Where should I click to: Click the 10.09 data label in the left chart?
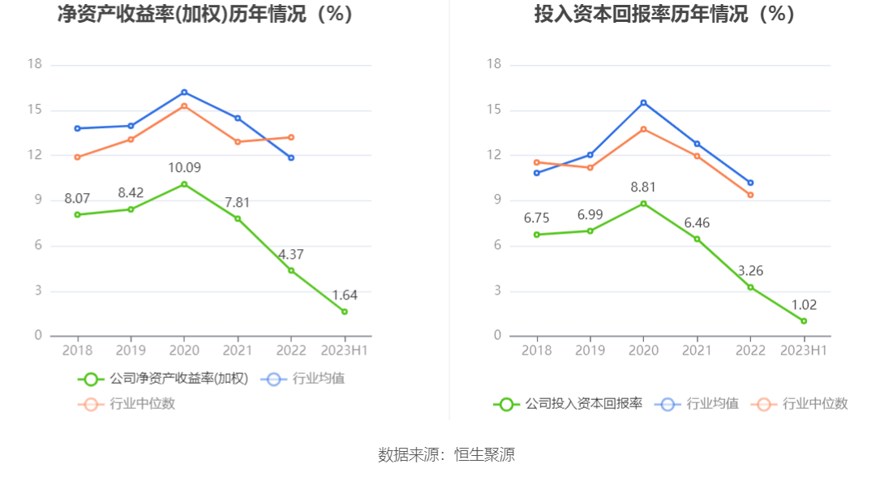coord(184,168)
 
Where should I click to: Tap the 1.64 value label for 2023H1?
coord(345,295)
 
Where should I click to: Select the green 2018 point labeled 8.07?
coord(78,214)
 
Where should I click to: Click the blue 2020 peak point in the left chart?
coord(184,92)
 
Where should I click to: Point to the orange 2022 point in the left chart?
coord(291,137)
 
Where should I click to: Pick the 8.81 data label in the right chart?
coord(643,187)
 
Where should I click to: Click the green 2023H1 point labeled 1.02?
coord(804,321)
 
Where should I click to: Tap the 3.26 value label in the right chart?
coord(750,271)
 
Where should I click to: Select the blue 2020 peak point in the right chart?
coord(643,102)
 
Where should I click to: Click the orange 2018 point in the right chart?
coord(536,162)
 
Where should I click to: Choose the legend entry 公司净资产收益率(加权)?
coord(162,379)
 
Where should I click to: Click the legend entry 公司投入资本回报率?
coord(568,403)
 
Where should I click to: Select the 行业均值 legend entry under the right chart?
coord(701,403)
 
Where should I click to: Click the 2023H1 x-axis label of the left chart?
coord(345,350)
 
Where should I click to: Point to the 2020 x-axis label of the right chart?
coord(643,350)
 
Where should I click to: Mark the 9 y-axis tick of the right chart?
coord(496,200)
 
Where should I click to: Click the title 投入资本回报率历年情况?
coord(663,15)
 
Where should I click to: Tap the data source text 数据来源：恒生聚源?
coord(446,454)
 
